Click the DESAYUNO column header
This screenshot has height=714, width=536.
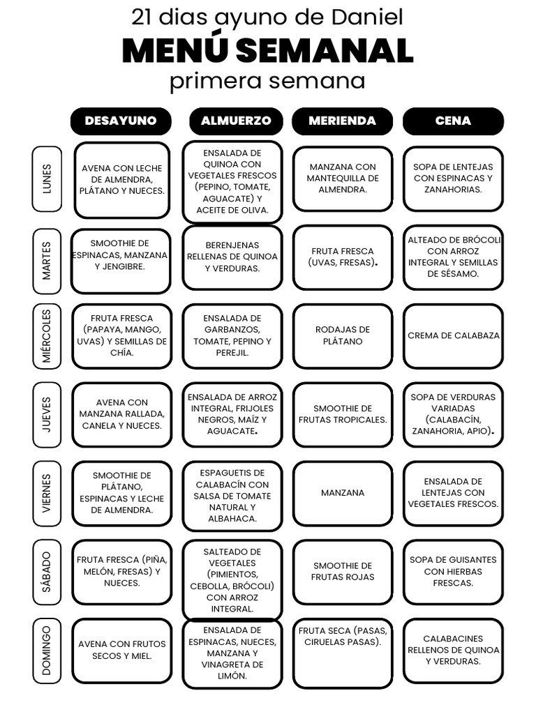(121, 121)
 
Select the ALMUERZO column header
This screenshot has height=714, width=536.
(236, 121)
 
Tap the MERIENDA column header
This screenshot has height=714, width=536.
(342, 121)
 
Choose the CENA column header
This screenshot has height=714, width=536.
(453, 121)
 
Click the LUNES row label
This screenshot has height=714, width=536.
(47, 179)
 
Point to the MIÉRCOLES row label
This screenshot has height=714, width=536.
(47, 336)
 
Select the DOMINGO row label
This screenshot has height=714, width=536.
(47, 651)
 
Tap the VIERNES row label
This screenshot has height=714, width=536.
(47, 493)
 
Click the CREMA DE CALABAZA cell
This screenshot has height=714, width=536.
(454, 336)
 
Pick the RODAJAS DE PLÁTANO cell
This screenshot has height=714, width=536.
(343, 336)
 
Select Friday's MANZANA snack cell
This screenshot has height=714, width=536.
(343, 493)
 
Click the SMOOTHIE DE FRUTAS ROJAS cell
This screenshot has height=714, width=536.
(343, 572)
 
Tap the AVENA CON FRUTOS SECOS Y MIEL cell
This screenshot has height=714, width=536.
(121, 651)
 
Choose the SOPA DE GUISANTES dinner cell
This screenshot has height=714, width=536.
(454, 572)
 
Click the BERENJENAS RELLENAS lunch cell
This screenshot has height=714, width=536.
(232, 257)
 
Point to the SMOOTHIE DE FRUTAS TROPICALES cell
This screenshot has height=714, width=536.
(343, 414)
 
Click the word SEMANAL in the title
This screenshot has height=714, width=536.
(325, 51)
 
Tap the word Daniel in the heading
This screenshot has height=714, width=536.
(367, 17)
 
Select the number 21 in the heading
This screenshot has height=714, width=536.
(142, 17)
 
